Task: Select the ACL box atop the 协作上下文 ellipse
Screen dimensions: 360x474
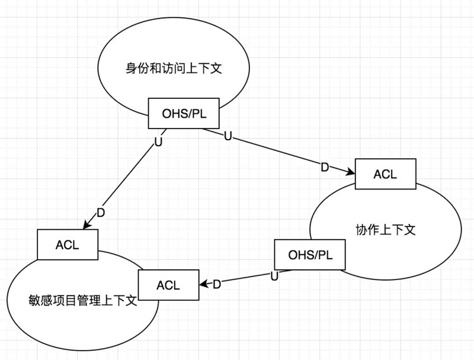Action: (385, 174)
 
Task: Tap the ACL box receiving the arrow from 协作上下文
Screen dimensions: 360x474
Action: (168, 284)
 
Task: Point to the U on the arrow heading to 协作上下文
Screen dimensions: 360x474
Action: (228, 137)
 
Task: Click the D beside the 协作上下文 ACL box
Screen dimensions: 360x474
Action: (325, 168)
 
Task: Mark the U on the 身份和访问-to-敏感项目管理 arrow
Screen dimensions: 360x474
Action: (158, 142)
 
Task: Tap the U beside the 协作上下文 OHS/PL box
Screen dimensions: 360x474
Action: (274, 275)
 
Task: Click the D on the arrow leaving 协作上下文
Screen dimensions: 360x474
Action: (217, 284)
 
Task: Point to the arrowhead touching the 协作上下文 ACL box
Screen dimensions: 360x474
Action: (351, 173)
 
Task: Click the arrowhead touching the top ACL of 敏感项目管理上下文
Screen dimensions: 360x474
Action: (86, 226)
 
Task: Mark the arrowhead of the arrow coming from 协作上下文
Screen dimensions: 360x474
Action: (203, 285)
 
